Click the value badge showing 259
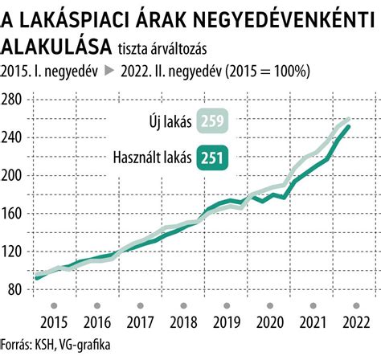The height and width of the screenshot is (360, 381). pyautogui.click(x=211, y=122)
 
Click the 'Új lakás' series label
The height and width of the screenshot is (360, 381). pyautogui.click(x=166, y=122)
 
